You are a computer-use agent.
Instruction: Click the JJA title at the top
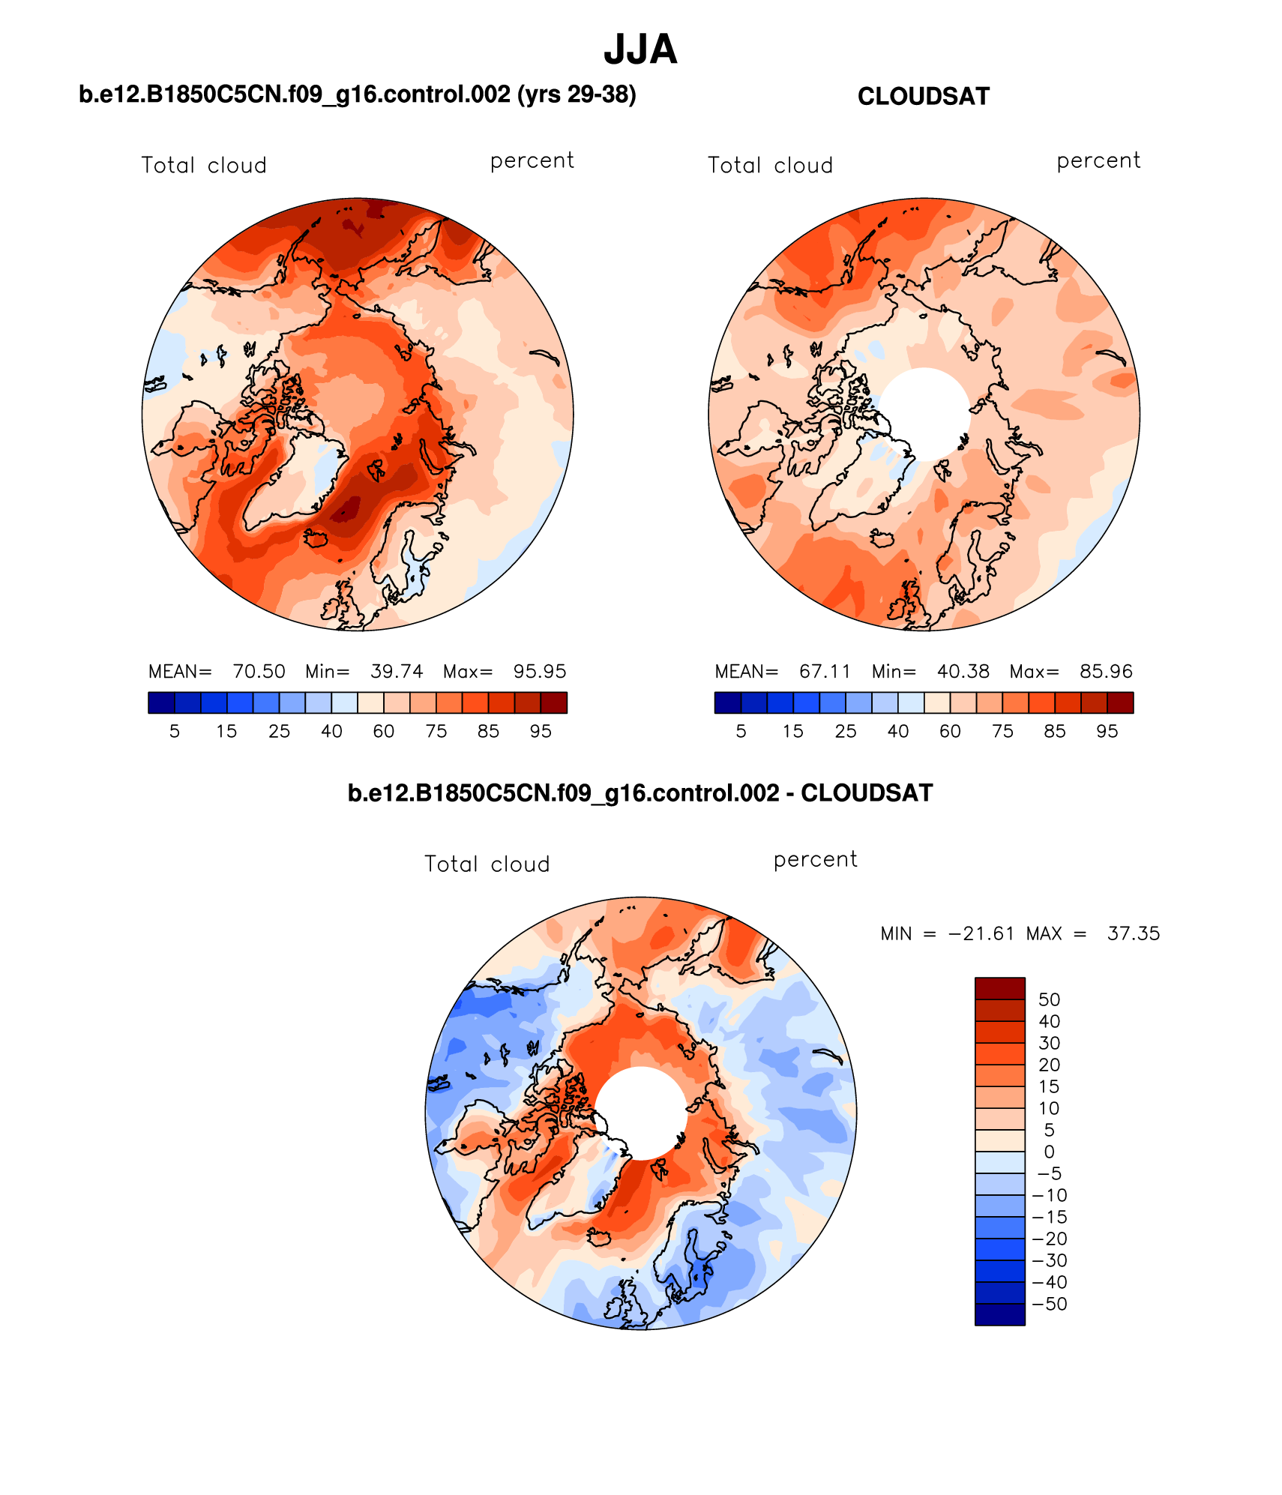point(640,50)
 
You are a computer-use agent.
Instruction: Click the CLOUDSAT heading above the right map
point(923,97)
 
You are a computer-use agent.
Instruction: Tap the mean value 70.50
point(259,671)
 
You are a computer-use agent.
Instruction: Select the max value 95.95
point(540,671)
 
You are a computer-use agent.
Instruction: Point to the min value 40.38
point(963,671)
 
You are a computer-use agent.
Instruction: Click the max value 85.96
point(1106,671)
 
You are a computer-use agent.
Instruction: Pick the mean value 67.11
point(825,671)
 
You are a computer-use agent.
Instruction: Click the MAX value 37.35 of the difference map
point(1133,933)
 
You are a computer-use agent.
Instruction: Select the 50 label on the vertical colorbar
point(1049,999)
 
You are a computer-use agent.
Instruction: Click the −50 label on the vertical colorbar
point(1049,1304)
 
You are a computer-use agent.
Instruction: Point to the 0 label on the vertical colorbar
point(1049,1152)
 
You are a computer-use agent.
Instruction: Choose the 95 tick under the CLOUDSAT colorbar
point(1107,732)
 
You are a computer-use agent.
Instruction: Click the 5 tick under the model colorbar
point(175,732)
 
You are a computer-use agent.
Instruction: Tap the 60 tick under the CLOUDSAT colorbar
point(950,732)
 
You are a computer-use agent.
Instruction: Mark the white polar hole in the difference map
point(641,1113)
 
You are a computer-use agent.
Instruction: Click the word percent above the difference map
point(815,860)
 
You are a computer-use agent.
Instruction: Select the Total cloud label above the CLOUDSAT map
point(770,166)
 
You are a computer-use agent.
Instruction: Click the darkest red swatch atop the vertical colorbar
point(999,988)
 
